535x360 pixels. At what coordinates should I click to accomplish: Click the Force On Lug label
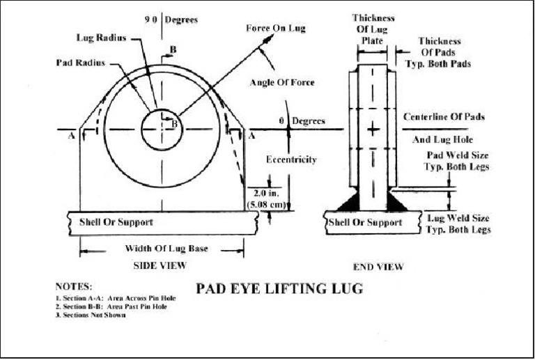(x=276, y=29)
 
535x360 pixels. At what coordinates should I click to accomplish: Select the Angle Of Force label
(x=282, y=83)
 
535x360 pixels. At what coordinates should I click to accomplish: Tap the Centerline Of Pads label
(x=444, y=116)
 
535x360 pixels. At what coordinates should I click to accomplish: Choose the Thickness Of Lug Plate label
(x=373, y=29)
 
